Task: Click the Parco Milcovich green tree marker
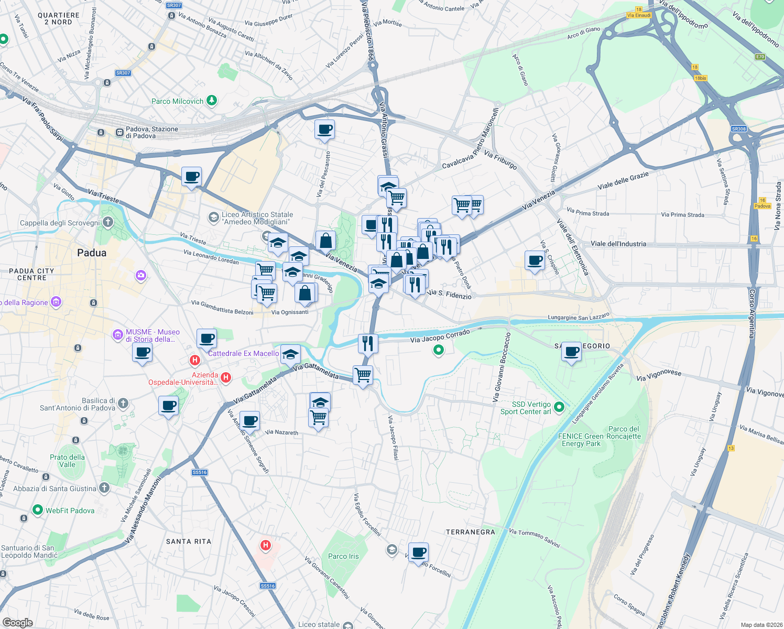coord(211,100)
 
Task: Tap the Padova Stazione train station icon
coord(119,132)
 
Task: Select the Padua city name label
coord(92,253)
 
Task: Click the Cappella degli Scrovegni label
coord(60,223)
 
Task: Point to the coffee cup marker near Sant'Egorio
coord(571,352)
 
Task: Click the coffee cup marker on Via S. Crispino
coord(535,261)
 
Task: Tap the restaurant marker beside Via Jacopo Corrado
coord(368,343)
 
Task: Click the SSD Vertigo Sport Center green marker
coord(559,407)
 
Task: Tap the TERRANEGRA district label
coord(470,532)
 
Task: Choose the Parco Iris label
coord(343,556)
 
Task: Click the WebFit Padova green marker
coord(38,509)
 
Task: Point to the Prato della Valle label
coord(67,461)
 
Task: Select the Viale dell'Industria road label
coord(618,244)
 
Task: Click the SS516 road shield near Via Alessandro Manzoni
coord(200,472)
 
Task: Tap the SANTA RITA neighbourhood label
coord(189,541)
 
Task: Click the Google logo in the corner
coord(17,622)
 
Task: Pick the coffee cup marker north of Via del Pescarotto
coord(324,129)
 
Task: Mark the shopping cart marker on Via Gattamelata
coord(363,375)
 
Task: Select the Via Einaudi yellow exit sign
coord(639,15)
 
